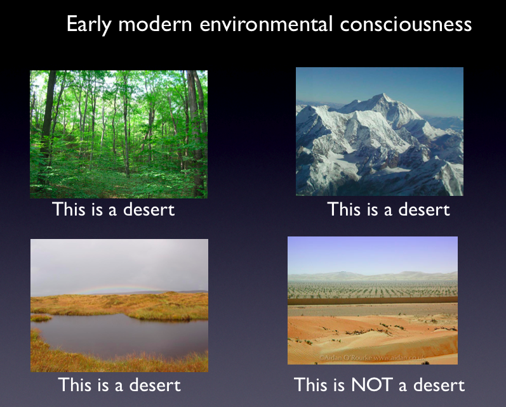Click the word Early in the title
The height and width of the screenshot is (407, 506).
[89, 25]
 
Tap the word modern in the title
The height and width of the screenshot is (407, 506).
[155, 25]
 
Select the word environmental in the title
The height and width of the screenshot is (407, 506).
[266, 24]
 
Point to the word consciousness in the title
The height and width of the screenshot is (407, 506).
[406, 25]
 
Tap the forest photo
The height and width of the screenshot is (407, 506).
[119, 134]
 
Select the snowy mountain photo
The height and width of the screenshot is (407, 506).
[380, 131]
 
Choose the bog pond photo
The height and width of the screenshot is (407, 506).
[119, 306]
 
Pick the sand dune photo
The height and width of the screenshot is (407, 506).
[373, 300]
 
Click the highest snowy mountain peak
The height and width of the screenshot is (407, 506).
[383, 94]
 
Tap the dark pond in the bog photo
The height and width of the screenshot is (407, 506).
[123, 335]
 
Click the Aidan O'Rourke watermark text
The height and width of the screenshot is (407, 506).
[373, 358]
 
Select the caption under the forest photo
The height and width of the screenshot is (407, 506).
[113, 209]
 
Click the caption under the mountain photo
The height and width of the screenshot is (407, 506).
[389, 209]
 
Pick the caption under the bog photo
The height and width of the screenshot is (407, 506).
[119, 385]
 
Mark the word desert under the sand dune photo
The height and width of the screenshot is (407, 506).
[439, 385]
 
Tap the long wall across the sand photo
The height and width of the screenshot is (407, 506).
[373, 301]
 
